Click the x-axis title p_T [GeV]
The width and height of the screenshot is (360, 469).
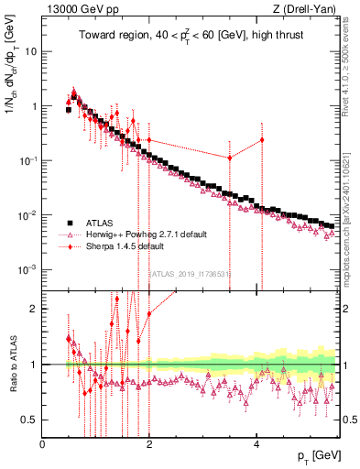(x=313, y=456)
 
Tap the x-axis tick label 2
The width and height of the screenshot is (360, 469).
(x=148, y=444)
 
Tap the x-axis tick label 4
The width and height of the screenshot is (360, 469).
(x=256, y=444)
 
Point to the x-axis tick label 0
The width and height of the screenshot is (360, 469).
(x=42, y=444)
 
